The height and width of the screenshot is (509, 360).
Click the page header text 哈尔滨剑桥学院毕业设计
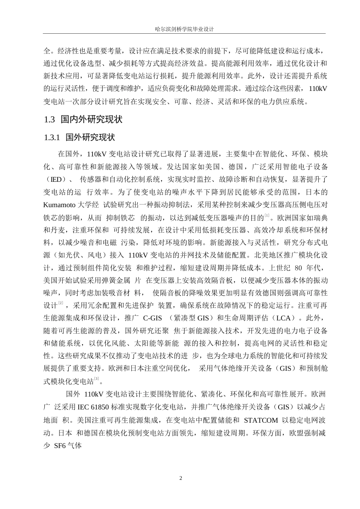tap(180, 29)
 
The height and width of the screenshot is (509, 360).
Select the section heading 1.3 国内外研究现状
tap(83, 120)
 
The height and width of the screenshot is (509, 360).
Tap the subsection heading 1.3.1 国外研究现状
tap(80, 137)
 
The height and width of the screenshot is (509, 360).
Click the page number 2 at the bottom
tap(180, 478)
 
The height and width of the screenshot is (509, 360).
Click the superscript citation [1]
tap(267, 216)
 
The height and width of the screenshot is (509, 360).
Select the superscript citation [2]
tap(61, 304)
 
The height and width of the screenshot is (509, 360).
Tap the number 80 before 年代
tap(298, 268)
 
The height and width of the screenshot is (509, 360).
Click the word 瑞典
tap(321, 218)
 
